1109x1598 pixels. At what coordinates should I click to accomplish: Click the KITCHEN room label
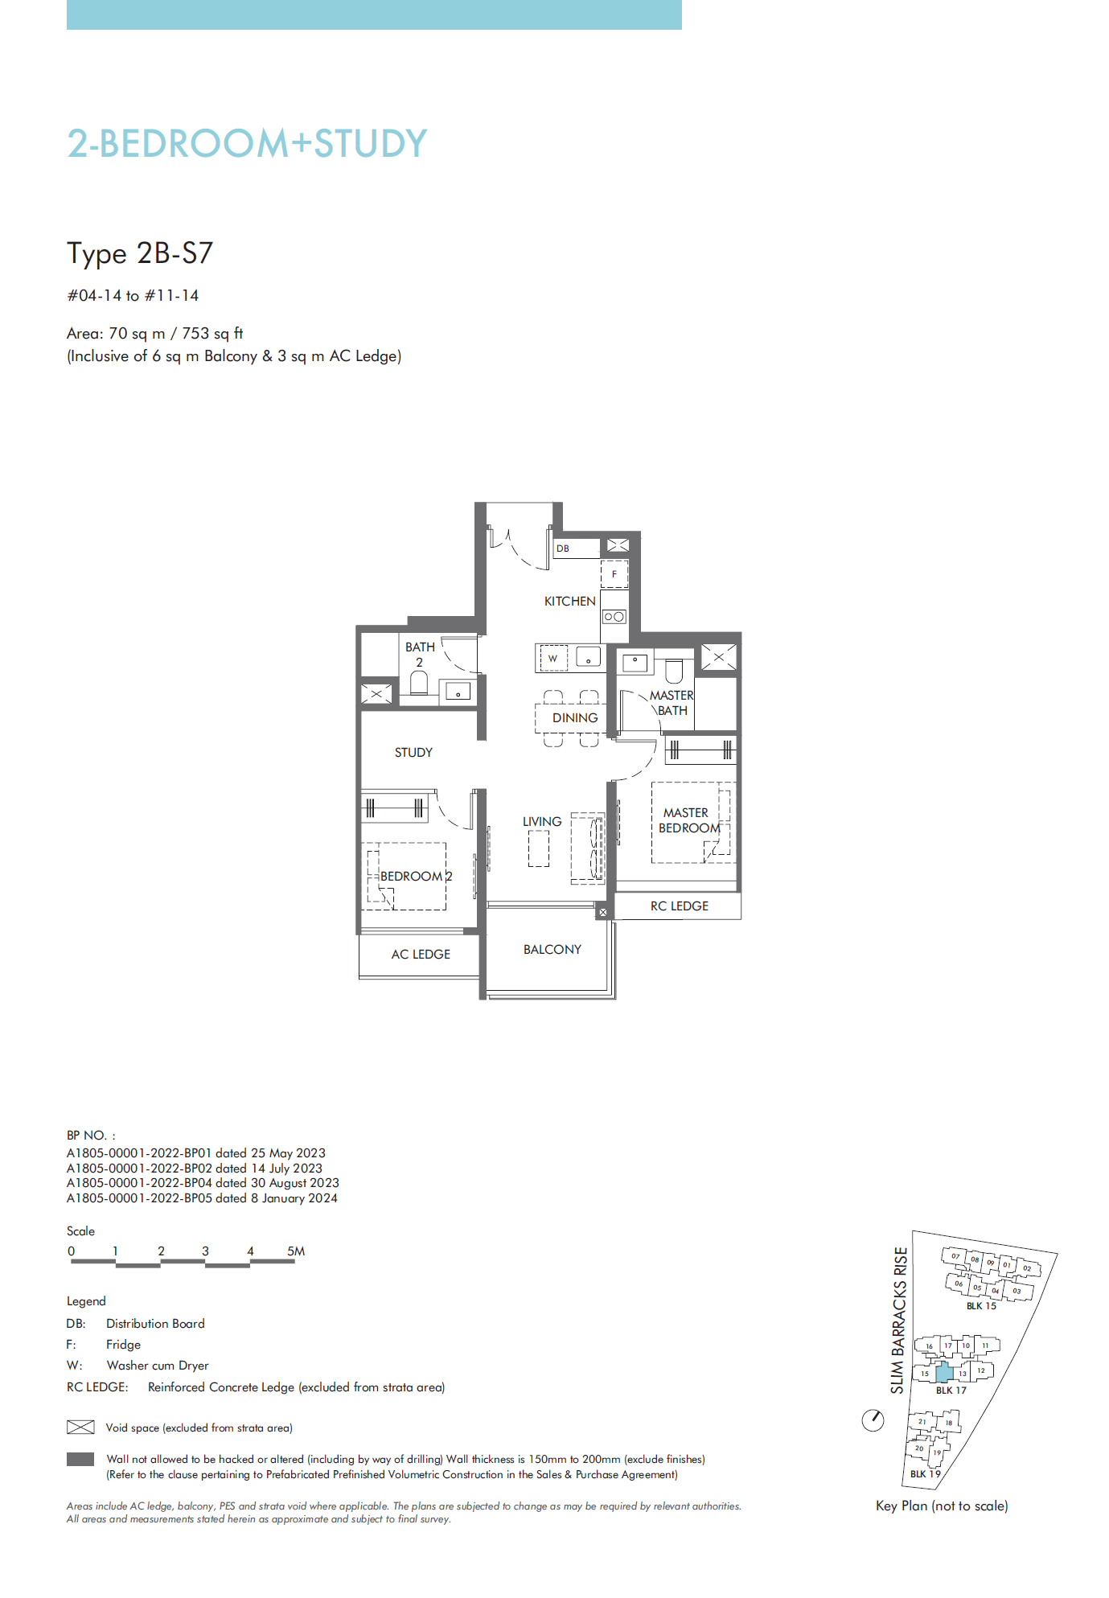[569, 601]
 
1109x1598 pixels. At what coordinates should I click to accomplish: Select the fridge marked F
[614, 574]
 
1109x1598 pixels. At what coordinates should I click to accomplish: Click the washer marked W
[553, 658]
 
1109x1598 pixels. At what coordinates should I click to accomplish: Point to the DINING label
[575, 717]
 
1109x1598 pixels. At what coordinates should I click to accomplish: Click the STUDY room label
[413, 752]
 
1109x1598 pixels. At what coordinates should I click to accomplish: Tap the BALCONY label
[552, 949]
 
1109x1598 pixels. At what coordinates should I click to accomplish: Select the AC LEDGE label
[421, 954]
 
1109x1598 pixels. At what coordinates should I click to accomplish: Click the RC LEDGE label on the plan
[680, 906]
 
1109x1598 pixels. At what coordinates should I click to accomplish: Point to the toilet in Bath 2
[418, 683]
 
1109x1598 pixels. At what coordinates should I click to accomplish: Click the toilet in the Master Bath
[674, 671]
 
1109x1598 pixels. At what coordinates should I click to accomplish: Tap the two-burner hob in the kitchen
[614, 617]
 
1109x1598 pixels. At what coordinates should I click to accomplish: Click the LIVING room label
[542, 821]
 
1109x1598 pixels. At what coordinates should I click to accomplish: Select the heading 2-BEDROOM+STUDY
[247, 144]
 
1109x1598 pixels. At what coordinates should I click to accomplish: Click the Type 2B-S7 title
[140, 253]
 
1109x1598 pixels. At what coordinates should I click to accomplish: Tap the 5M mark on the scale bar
[296, 1251]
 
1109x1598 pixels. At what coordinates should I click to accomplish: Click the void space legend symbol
[80, 1428]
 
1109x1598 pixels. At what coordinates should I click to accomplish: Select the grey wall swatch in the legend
[80, 1459]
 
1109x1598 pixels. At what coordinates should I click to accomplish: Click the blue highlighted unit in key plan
[945, 1371]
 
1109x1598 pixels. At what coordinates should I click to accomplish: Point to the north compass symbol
[873, 1420]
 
